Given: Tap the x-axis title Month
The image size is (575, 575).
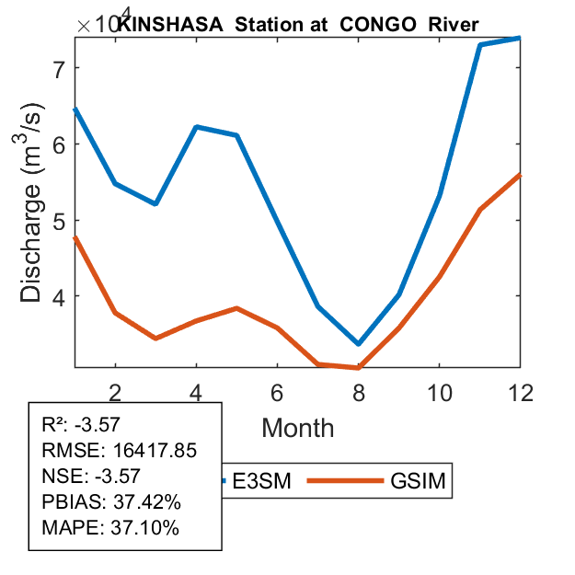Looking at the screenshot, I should pyautogui.click(x=297, y=428).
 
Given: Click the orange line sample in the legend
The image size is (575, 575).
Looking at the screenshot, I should pyautogui.click(x=342, y=480).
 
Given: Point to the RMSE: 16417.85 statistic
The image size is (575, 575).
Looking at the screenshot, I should pyautogui.click(x=120, y=451).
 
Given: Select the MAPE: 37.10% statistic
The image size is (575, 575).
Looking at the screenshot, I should pyautogui.click(x=110, y=528).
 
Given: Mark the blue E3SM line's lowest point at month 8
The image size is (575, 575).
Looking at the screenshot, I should pyautogui.click(x=358, y=344).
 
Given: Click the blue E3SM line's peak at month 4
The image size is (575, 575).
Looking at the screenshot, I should pyautogui.click(x=196, y=127).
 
